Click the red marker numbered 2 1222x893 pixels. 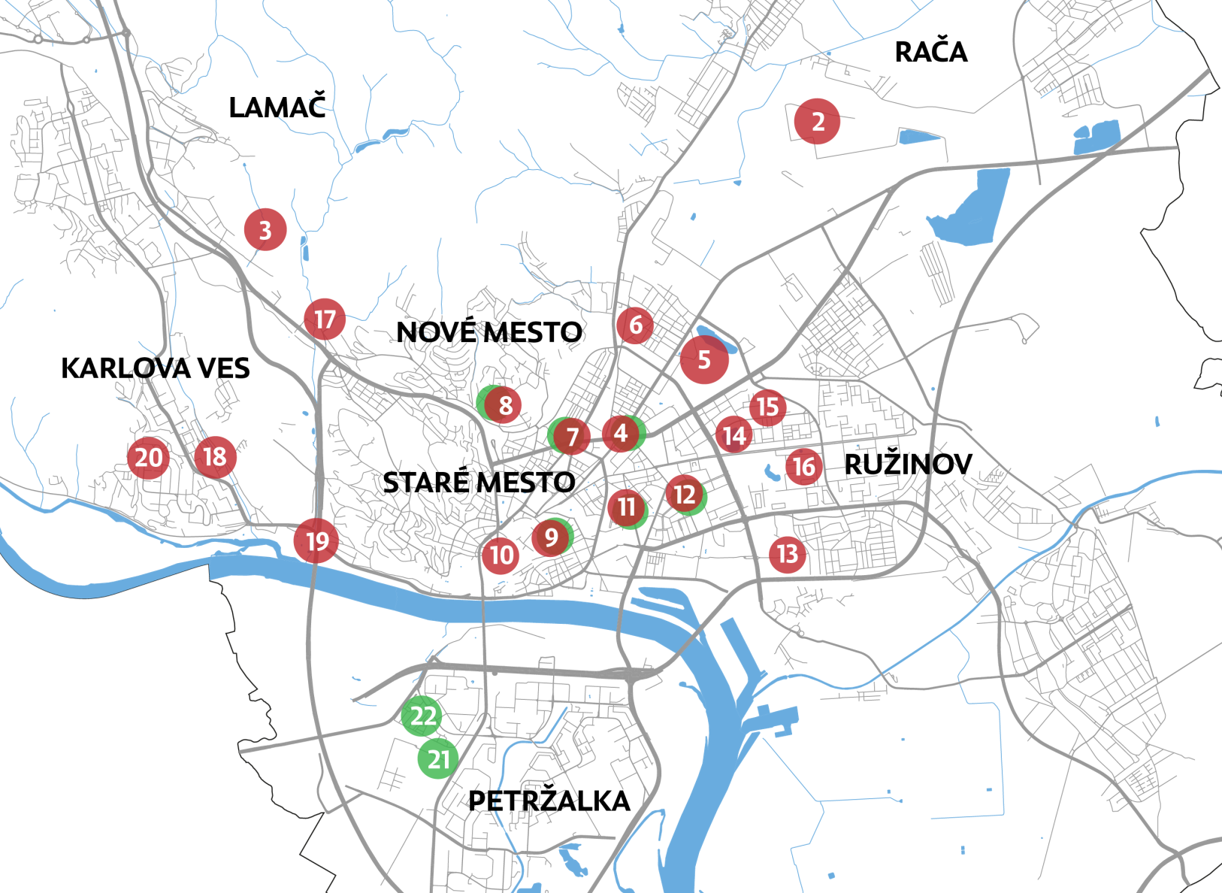coord(817,121)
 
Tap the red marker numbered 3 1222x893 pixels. coord(265,230)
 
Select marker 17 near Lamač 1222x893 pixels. coord(325,319)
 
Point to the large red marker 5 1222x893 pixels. coord(704,359)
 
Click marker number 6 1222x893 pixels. coord(635,325)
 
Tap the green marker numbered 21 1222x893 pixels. coord(438,758)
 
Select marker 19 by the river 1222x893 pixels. coord(316,540)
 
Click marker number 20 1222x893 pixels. coord(148,457)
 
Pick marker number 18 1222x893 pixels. coord(215,456)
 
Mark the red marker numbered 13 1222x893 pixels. coord(787,554)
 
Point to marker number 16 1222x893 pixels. coord(803,467)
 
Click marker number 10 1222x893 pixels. coord(501,555)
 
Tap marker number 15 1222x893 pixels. coord(767,407)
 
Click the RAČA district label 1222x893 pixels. coord(930,52)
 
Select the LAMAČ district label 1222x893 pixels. coord(277,107)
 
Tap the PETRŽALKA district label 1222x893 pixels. coord(549,801)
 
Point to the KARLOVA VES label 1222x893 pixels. coord(155,368)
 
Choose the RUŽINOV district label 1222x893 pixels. coord(908,465)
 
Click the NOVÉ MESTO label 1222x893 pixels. coord(488,331)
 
